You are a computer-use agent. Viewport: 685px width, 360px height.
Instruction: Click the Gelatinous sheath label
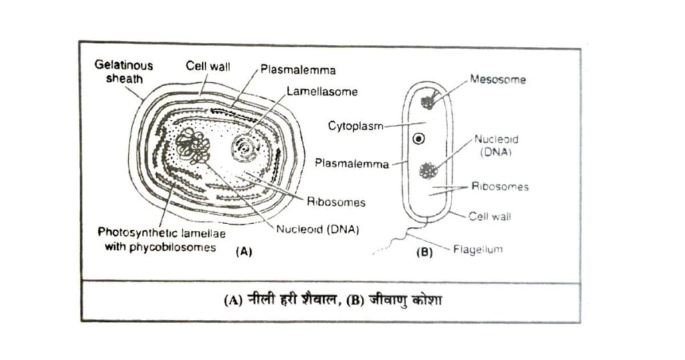(x=124, y=72)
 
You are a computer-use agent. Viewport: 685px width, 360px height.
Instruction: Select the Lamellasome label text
(x=322, y=92)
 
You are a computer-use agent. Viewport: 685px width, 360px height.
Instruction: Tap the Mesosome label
(x=498, y=80)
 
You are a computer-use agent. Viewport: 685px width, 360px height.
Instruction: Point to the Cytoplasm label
(x=356, y=126)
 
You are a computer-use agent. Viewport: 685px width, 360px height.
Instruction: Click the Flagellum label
(x=478, y=250)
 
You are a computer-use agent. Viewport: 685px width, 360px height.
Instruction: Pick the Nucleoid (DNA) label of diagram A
(x=318, y=230)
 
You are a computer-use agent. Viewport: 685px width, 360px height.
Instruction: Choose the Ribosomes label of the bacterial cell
(x=500, y=187)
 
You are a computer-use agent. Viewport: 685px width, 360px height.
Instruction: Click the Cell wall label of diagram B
(x=489, y=216)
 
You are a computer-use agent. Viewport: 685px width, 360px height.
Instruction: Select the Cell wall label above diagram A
(x=207, y=66)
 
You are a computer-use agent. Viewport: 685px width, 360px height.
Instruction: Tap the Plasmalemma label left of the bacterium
(x=352, y=164)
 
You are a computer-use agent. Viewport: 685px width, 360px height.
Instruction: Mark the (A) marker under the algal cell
(x=243, y=252)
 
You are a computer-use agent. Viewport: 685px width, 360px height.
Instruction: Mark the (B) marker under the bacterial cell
(x=424, y=252)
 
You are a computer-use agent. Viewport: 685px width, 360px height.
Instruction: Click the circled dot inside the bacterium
(x=419, y=139)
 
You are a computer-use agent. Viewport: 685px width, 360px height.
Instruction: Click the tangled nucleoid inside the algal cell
(x=193, y=146)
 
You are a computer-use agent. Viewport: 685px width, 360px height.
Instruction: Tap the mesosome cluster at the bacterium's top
(x=428, y=101)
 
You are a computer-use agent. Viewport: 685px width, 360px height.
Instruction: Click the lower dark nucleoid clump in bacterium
(x=428, y=171)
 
